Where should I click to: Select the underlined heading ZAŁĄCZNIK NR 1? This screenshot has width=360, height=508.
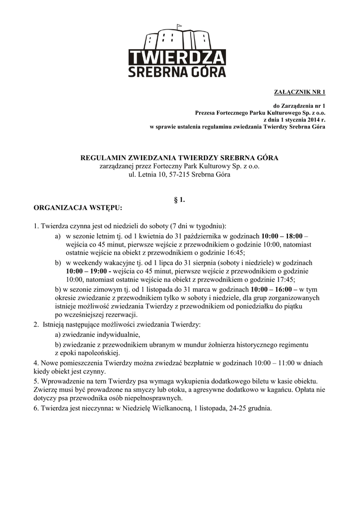point(300,92)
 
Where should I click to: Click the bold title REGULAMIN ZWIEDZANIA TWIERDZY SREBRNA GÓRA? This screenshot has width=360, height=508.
point(180,158)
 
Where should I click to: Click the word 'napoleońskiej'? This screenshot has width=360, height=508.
point(97,353)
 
